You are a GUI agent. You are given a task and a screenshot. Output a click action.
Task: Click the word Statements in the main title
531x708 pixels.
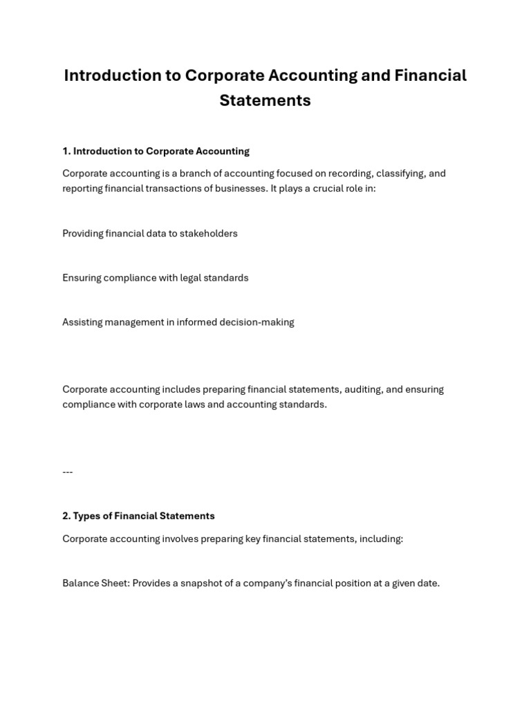[265, 100]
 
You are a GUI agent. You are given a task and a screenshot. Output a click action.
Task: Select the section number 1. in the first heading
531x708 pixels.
[66, 151]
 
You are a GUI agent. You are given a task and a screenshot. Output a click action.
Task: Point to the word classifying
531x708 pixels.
[401, 174]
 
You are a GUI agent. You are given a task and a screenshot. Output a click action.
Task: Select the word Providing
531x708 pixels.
[83, 234]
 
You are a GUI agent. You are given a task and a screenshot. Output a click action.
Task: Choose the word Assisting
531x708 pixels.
[82, 322]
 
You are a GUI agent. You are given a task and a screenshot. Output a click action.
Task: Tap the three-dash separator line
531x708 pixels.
[68, 472]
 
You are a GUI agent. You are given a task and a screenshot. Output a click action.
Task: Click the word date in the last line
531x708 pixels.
[428, 583]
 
